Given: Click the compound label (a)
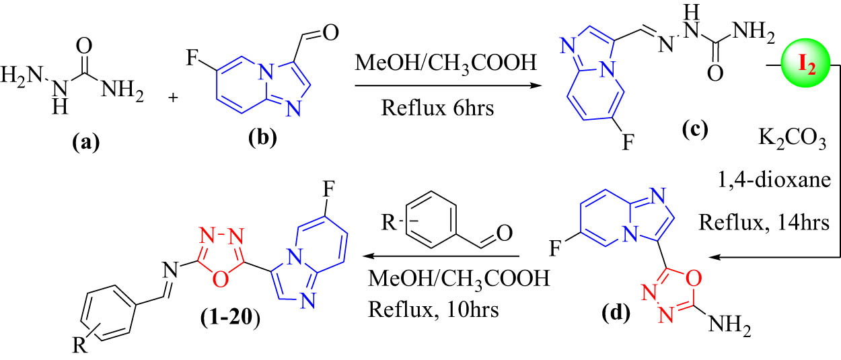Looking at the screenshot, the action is [x=86, y=142].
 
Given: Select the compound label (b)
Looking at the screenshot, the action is [x=262, y=137].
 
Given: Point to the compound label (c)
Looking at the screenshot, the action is [x=695, y=129].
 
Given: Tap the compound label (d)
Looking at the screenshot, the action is [x=616, y=312].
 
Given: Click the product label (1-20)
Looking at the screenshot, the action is [x=230, y=318].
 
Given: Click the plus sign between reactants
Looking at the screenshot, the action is [x=173, y=98].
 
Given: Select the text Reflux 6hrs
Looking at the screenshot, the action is [x=437, y=108].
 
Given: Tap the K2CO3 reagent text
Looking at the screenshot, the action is [x=792, y=139].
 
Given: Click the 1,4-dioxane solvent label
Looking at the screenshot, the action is [x=774, y=180].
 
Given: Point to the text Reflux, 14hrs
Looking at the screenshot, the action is [x=764, y=222].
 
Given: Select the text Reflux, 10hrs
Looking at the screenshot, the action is [x=434, y=310].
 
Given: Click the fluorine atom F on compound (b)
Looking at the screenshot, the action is [x=192, y=58].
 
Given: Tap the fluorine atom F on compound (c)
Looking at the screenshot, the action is [x=628, y=143].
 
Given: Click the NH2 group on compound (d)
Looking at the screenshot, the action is [x=729, y=324].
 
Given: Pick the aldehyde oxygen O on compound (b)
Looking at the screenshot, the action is [x=331, y=33].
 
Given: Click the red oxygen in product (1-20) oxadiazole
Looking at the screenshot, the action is [x=221, y=279].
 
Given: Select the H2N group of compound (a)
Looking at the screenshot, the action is [x=22, y=74].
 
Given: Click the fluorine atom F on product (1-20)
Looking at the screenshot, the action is [x=328, y=190].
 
